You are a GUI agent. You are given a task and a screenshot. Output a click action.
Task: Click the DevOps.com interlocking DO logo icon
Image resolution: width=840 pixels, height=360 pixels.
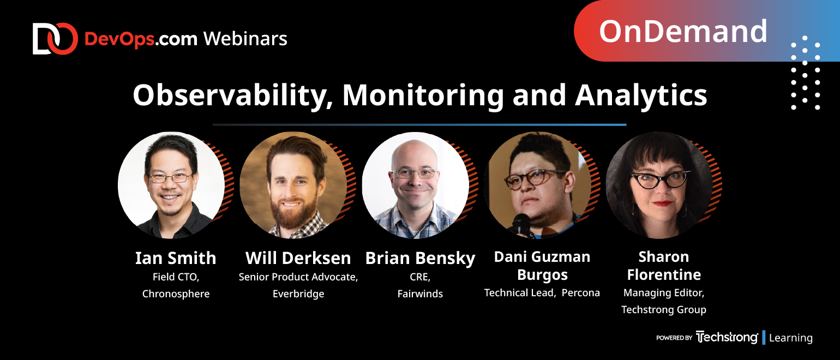(55, 39)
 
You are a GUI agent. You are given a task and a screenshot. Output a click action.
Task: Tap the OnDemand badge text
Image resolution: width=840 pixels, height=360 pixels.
(683, 32)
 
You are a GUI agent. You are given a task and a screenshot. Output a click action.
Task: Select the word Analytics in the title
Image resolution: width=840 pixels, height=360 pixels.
(641, 95)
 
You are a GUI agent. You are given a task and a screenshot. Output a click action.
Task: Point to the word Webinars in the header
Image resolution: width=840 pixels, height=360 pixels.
(245, 39)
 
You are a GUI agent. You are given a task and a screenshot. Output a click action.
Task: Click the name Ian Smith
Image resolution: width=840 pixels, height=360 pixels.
(176, 258)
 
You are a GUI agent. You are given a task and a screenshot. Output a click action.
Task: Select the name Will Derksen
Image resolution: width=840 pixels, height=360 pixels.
(298, 258)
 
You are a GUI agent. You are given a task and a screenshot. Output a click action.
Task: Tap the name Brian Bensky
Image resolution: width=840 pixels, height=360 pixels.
(420, 259)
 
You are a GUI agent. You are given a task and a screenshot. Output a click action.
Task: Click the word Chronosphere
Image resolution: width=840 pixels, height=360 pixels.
(176, 293)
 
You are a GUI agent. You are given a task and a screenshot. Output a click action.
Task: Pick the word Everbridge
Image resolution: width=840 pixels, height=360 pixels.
(298, 293)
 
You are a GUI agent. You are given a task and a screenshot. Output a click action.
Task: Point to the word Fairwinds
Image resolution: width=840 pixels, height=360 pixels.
(420, 293)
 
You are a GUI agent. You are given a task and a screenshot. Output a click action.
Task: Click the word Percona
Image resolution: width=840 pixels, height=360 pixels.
(580, 292)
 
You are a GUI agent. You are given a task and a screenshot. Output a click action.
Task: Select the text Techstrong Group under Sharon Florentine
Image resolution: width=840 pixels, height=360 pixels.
(663, 310)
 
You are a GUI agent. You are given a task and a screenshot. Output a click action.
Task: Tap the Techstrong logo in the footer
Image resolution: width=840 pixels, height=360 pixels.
(727, 337)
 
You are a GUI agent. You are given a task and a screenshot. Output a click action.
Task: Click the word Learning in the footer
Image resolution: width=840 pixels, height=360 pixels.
(790, 338)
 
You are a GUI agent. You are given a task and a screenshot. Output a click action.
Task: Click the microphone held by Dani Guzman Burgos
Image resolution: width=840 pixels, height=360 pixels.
(521, 225)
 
